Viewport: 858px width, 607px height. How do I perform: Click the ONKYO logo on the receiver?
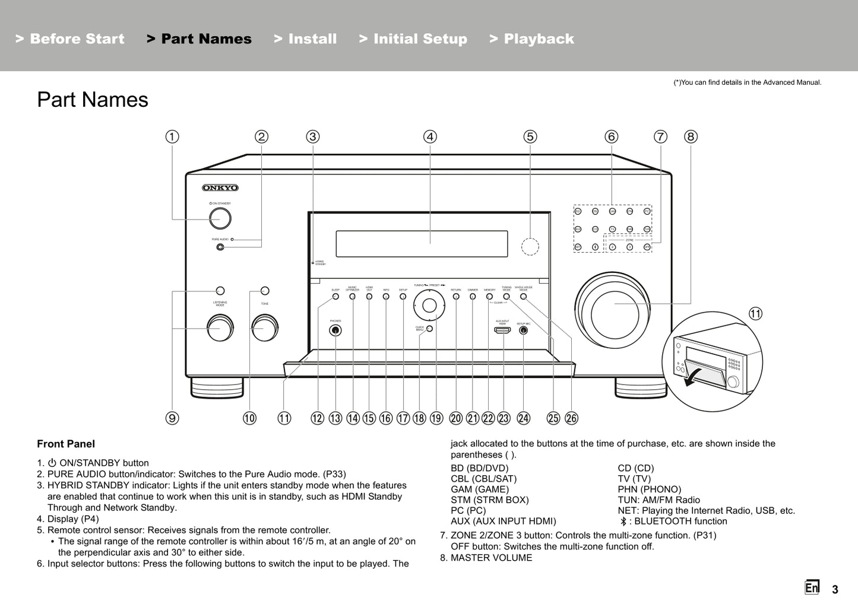[x=220, y=188]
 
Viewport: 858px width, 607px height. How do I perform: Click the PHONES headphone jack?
[x=335, y=330]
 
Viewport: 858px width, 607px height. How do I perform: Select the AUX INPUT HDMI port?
[x=502, y=330]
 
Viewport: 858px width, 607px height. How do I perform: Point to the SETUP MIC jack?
[x=523, y=330]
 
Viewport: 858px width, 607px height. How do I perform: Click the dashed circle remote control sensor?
[x=530, y=246]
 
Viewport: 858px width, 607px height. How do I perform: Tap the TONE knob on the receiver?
[x=264, y=327]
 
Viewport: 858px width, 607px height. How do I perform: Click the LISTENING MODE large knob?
[x=220, y=328]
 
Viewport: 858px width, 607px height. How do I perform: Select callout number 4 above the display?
[x=430, y=136]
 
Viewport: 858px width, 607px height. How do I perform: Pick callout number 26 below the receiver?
[x=571, y=418]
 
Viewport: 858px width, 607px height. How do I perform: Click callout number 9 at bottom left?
[x=172, y=418]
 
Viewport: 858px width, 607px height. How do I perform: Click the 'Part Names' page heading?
[x=93, y=100]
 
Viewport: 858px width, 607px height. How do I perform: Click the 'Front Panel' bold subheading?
[x=66, y=444]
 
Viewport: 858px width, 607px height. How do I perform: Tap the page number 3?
[x=835, y=589]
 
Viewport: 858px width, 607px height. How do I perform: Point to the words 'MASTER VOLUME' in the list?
[x=491, y=558]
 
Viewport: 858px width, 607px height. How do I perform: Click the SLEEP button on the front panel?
[x=335, y=296]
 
